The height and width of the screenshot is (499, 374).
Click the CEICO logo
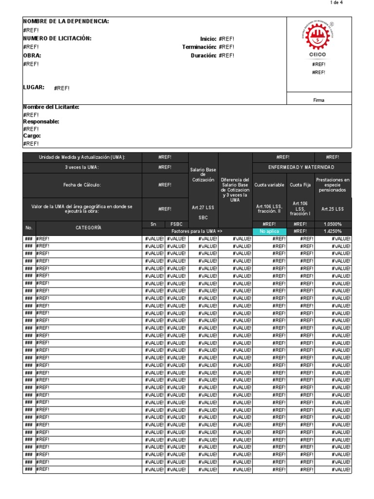[318, 40]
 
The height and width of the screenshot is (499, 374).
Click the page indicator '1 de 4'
[337, 3]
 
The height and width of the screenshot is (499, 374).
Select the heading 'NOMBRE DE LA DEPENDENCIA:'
[66, 21]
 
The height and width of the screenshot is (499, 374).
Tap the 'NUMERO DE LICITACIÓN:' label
[57, 38]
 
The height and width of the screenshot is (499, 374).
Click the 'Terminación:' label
[199, 47]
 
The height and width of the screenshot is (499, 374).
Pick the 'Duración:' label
[203, 56]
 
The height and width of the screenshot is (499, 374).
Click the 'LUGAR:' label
[34, 88]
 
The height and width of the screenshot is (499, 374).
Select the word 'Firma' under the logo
[318, 100]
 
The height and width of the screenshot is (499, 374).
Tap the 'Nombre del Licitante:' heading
[51, 107]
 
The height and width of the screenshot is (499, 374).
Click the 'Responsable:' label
[41, 122]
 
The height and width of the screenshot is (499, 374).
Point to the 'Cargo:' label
[32, 136]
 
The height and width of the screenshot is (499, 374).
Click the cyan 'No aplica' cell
[269, 231]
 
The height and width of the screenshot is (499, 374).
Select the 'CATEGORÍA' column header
[88, 228]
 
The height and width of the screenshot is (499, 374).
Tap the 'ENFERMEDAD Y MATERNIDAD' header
[302, 167]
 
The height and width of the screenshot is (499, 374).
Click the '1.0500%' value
[333, 224]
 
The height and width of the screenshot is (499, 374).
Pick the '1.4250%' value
[333, 231]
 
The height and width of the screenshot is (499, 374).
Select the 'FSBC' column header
[176, 224]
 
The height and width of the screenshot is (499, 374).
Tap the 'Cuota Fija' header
[300, 185]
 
